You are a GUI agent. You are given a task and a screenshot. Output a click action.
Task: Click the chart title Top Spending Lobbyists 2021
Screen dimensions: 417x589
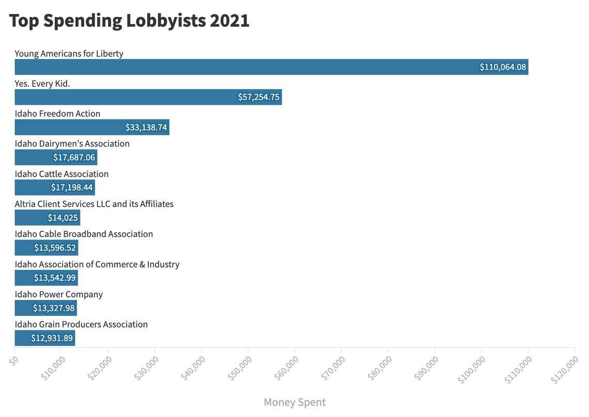tap(129, 21)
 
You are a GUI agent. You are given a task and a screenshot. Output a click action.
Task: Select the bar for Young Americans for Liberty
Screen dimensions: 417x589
tap(271, 67)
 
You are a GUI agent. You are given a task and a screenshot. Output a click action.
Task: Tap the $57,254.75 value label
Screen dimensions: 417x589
tap(258, 97)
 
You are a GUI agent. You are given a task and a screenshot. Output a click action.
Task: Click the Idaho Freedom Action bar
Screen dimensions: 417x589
tap(92, 127)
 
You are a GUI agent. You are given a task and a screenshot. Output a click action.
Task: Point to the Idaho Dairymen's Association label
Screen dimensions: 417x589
tap(72, 143)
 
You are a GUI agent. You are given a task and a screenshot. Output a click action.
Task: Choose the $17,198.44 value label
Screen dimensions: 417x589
tap(72, 187)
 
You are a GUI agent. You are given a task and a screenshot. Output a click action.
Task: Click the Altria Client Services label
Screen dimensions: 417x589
tap(94, 204)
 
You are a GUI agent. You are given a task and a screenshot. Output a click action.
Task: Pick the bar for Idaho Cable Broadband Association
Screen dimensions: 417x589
tap(47, 248)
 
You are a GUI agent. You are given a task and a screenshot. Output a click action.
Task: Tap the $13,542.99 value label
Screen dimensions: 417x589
tap(55, 278)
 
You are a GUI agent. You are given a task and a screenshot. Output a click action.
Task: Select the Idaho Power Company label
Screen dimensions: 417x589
tap(59, 294)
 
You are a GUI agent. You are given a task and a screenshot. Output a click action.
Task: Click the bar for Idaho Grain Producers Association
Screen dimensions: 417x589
tap(45, 338)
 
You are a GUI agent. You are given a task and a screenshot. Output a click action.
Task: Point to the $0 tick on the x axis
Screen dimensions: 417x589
tap(14, 360)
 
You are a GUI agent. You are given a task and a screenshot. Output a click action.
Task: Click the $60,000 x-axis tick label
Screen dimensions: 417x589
tap(287, 368)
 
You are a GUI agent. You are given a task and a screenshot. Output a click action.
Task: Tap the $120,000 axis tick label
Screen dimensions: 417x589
tap(565, 370)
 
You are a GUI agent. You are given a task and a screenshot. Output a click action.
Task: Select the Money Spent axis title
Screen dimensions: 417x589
tap(295, 402)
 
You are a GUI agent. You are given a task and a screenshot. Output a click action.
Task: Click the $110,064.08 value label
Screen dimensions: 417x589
tap(503, 67)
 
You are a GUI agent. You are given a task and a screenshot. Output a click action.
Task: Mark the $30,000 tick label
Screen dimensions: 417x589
tap(146, 368)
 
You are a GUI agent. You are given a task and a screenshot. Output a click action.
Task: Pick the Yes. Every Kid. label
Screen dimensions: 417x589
tap(42, 83)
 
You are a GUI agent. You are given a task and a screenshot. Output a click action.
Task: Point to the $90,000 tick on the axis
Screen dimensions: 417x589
tap(427, 368)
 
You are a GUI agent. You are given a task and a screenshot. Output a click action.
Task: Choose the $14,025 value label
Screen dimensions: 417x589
tap(63, 218)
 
